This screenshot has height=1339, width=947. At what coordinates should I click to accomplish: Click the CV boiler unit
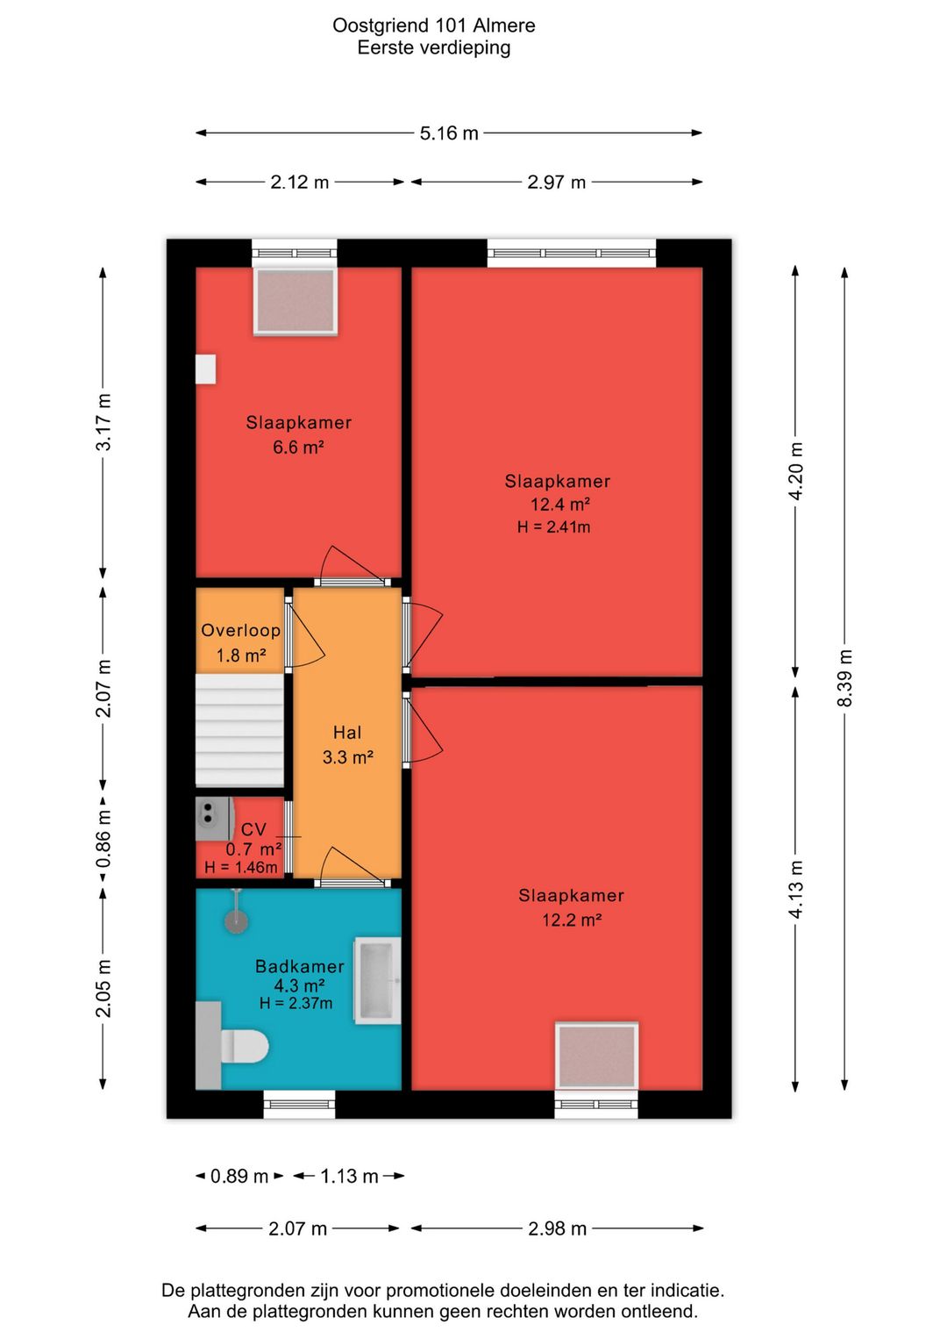point(215,819)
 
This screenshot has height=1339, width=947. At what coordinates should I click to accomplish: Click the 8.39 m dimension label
point(844,678)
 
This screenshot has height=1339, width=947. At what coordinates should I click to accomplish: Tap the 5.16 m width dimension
point(449,132)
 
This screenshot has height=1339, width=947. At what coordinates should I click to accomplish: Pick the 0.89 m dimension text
point(239,1177)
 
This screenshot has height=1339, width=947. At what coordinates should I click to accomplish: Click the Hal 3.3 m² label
point(348,745)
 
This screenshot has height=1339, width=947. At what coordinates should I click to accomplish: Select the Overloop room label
point(240,630)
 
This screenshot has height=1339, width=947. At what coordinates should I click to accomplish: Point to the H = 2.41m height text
point(554,526)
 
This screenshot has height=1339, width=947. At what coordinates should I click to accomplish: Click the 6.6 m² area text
point(298,447)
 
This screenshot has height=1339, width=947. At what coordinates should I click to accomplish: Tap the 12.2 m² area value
point(571,920)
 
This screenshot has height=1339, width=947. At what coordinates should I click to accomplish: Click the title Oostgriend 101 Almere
point(434,25)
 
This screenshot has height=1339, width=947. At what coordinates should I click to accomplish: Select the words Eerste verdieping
point(434,47)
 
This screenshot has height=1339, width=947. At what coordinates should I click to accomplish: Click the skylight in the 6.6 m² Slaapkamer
point(295,300)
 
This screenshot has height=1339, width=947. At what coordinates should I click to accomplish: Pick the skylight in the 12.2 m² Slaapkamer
point(597,1056)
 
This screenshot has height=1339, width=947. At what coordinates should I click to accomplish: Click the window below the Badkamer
point(299,1105)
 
